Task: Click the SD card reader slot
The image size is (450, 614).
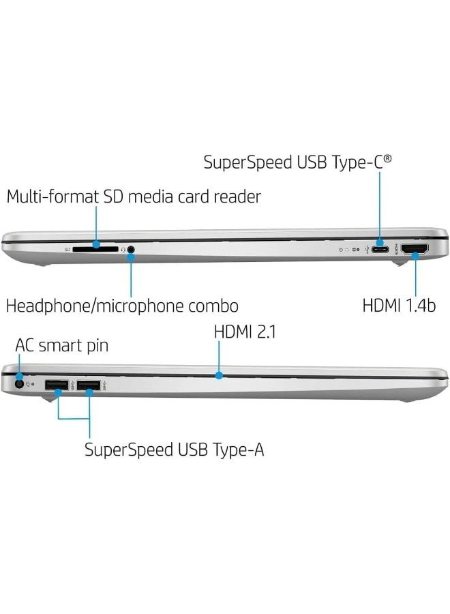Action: point(95,250)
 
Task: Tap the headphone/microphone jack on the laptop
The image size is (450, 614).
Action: point(130,250)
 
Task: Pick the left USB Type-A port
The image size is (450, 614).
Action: point(55,385)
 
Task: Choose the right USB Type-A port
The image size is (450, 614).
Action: point(89,385)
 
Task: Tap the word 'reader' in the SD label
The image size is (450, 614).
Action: point(236,197)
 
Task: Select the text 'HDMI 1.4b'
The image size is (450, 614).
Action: point(399,305)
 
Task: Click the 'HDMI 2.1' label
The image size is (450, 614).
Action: point(245,332)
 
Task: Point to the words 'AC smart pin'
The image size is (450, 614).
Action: point(62,346)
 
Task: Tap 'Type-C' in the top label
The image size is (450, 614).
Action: point(363,162)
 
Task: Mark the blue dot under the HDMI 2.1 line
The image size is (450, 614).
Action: point(219,375)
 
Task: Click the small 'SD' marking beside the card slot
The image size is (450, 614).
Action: point(67,250)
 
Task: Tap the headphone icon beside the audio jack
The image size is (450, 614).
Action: point(123,250)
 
